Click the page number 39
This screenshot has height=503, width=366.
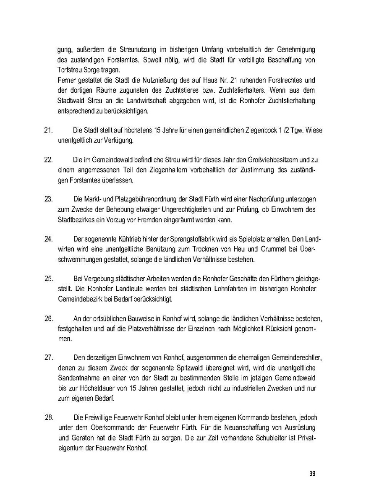tap(312, 474)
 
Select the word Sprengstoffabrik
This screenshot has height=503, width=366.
tap(193, 239)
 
